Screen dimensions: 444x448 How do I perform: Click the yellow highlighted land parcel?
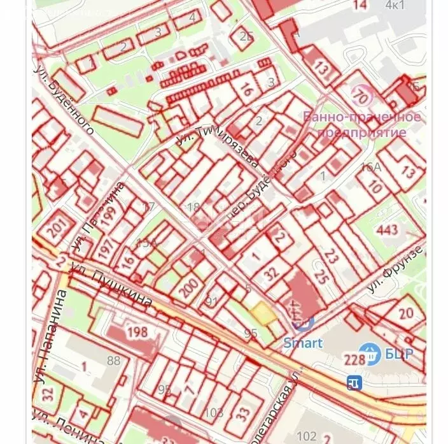point(262,312)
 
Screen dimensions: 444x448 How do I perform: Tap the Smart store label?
point(303,343)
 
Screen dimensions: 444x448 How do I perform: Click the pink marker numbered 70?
point(363,97)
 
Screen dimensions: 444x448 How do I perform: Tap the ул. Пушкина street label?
point(120,287)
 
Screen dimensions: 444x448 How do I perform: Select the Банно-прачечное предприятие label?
point(361,125)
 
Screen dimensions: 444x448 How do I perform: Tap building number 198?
point(137,332)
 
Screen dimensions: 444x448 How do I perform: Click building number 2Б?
point(247,36)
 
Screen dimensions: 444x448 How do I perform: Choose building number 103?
point(214,412)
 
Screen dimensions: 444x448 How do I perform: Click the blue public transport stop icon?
point(354,382)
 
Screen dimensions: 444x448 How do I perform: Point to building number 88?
point(113,361)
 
